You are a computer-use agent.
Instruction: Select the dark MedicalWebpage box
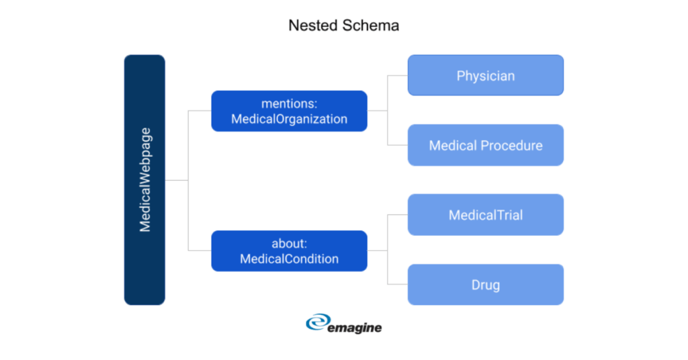click(x=144, y=179)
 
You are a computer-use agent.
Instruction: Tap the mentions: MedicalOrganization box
click(x=289, y=111)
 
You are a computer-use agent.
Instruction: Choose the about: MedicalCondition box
click(x=289, y=251)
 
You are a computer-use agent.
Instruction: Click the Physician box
click(x=485, y=75)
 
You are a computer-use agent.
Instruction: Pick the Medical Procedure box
click(x=485, y=145)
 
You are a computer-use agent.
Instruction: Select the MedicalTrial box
click(x=485, y=215)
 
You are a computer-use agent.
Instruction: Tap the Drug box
click(x=485, y=285)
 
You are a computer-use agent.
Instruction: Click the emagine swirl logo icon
click(x=317, y=324)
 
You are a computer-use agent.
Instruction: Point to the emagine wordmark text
click(x=355, y=327)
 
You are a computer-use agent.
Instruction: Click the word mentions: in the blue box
click(x=289, y=103)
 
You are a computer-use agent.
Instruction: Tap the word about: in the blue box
click(x=289, y=243)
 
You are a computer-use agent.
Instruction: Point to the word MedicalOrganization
click(x=289, y=119)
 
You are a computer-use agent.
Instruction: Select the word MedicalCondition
click(x=289, y=259)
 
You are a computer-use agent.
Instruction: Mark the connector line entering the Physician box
click(x=398, y=75)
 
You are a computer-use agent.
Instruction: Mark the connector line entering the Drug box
click(x=398, y=285)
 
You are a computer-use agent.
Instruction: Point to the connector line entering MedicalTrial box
click(x=398, y=215)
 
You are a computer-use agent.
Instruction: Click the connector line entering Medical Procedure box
click(x=398, y=145)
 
